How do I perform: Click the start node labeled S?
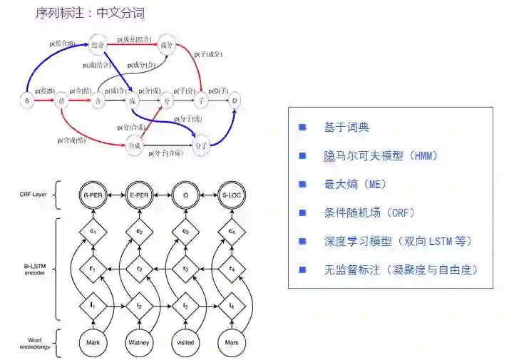(x=26, y=101)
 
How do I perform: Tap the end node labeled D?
(x=235, y=101)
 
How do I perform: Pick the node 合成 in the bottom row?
(x=133, y=147)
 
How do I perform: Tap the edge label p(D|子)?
(x=219, y=90)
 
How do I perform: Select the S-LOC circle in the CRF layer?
(x=231, y=194)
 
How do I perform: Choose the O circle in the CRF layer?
(x=185, y=194)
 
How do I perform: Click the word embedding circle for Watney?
(x=140, y=342)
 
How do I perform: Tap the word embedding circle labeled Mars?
(x=231, y=342)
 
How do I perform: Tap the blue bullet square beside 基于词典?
(x=302, y=127)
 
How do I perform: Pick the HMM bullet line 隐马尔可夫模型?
(x=379, y=155)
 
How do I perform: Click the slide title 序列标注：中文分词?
(x=90, y=13)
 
